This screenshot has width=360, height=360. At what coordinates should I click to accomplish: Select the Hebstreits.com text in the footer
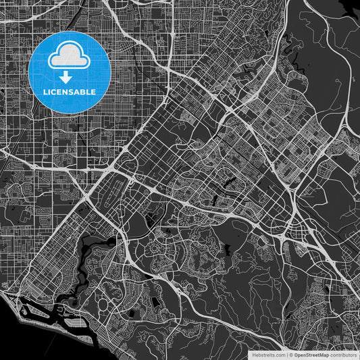(x=268, y=354)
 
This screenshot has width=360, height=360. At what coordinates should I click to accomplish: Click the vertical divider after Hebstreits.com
(x=286, y=354)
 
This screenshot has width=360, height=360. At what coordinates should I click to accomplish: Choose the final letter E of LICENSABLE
(x=94, y=91)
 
